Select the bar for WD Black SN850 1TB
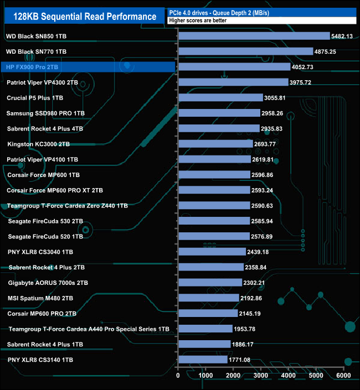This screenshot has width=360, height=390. click(x=254, y=36)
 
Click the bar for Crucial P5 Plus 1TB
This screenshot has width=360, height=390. click(x=220, y=98)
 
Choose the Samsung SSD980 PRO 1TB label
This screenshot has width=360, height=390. click(x=45, y=113)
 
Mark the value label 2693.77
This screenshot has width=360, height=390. click(x=269, y=144)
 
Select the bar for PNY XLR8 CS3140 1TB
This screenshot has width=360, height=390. click(x=203, y=360)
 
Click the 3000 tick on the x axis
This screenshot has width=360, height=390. click(x=261, y=375)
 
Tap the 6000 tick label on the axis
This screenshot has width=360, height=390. click(x=344, y=375)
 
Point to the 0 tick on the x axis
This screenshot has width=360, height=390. click(x=178, y=375)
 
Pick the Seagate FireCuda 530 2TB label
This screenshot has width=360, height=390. click(x=45, y=221)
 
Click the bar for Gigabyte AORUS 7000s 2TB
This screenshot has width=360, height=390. click(x=210, y=283)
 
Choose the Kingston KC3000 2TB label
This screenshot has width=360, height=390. click(x=39, y=144)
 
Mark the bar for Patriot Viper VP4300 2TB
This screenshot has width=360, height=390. click(x=233, y=82)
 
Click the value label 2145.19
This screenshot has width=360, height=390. click(x=254, y=313)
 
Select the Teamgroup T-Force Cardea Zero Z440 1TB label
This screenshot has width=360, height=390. click(x=68, y=206)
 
